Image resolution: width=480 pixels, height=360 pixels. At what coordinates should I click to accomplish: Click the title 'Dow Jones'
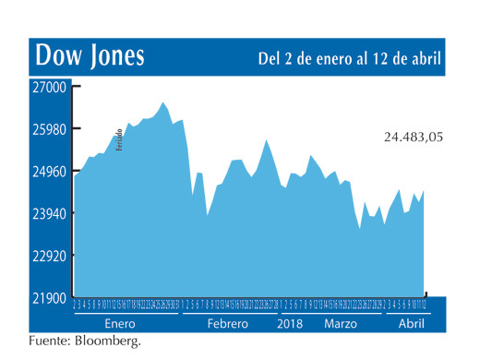coord(90,56)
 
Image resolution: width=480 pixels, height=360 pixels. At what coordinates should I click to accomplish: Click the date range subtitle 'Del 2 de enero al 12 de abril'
coord(349,58)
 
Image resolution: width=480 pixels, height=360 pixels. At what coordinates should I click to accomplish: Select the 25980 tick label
coord(50,129)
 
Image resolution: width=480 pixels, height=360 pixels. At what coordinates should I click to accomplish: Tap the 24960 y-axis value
coord(50,172)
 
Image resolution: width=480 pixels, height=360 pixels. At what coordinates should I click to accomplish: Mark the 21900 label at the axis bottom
coord(50,298)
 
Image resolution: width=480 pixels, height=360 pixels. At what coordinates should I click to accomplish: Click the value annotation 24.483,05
coord(414,138)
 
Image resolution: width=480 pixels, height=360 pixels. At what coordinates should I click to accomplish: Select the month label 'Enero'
coord(120,324)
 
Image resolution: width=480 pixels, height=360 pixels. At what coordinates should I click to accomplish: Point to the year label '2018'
coord(291,324)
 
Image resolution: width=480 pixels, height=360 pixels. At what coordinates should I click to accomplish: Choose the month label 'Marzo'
coord(341,324)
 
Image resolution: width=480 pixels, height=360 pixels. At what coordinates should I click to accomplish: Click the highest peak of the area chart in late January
coord(163,102)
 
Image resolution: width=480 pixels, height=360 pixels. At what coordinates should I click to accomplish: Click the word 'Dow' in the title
coord(57,56)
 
